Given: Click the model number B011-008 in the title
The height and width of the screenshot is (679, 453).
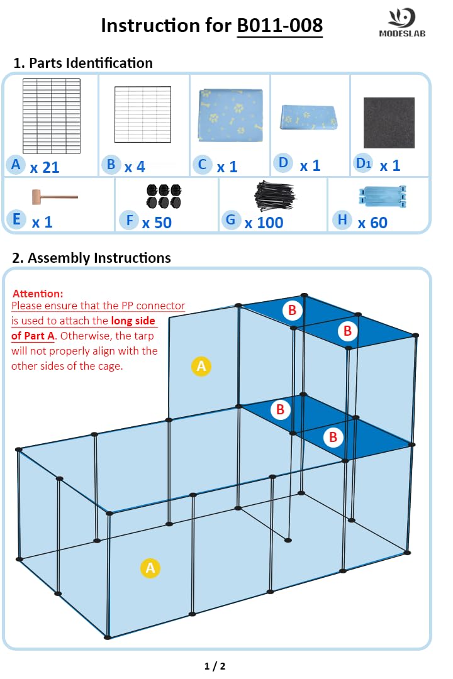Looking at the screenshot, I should pos(279,25).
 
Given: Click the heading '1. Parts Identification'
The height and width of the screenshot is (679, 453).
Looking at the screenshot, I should pos(83,63).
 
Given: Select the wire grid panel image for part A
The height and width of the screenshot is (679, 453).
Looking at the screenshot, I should pos(52,113).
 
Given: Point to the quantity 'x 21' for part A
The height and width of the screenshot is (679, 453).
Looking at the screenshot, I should pos(44,167).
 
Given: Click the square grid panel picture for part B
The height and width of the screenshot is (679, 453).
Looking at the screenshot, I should pos(142,114).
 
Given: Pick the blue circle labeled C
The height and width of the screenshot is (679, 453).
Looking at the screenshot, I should pos(202,165).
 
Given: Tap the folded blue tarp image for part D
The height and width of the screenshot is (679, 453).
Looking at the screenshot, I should pos(310,117).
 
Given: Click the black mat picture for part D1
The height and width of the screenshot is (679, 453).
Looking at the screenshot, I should pos(389,123).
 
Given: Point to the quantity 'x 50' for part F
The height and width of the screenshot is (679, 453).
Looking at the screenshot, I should pos(157,222).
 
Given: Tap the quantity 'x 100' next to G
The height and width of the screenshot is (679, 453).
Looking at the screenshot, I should pos(264,222).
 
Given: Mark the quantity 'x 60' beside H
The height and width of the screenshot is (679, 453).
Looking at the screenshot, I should pos(372,222).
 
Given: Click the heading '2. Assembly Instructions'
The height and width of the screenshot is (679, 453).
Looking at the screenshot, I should pos(92,258).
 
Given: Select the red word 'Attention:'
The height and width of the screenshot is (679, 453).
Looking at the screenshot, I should pos(38,294).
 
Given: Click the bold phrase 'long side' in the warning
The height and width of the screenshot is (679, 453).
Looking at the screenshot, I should pos(133,321).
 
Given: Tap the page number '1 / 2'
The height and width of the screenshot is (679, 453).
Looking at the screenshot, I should pos(215,666).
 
